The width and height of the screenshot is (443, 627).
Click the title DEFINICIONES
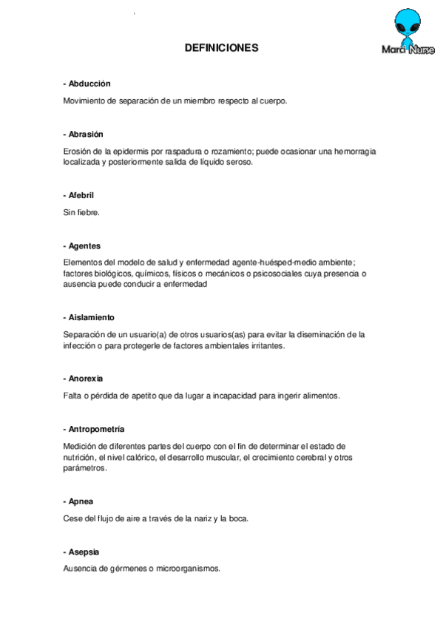point(221,48)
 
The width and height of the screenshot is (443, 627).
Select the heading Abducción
point(89,84)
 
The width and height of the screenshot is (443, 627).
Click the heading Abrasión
point(87,134)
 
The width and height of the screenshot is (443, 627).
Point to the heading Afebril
point(81,195)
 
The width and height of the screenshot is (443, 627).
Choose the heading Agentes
point(84,245)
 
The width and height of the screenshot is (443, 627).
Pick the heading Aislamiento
point(92,316)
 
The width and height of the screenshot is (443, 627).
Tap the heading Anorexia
point(87,379)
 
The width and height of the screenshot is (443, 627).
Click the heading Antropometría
point(96,429)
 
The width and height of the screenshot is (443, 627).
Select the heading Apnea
point(81,501)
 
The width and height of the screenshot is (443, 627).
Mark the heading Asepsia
point(84,552)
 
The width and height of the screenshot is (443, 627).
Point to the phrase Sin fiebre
point(81,212)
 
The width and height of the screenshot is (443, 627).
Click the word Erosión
point(78,151)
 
